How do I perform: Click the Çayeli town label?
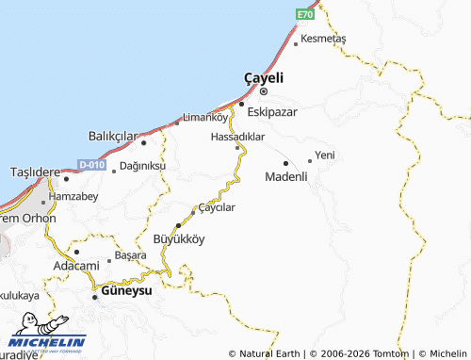[x=264, y=77]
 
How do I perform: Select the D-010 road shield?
[x=91, y=165]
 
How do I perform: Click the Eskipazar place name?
[x=271, y=111]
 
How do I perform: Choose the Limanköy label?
[x=204, y=118]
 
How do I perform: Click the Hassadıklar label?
[x=237, y=137]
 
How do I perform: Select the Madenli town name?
[x=286, y=176]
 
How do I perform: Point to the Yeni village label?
[x=325, y=155]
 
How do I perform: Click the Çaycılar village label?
[x=215, y=207]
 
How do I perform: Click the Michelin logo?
[x=47, y=343]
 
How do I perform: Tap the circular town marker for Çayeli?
[x=264, y=92]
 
